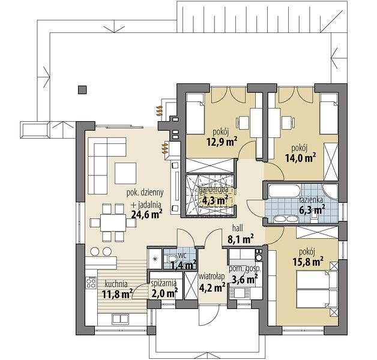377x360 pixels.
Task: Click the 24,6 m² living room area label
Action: pos(146,214)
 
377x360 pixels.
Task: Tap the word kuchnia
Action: pos(116,284)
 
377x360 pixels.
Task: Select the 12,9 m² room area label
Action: pos(222,142)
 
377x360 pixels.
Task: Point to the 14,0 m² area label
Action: pos(300,158)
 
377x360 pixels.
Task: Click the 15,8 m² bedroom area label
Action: pos(308,261)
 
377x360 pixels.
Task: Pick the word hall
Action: pos(238,227)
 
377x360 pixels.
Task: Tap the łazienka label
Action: pos(311,199)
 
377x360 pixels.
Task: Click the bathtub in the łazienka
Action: pos(285,191)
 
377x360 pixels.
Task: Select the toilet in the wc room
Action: pos(172,259)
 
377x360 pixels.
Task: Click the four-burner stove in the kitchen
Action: pos(91,283)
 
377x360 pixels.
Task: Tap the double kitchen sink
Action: pos(120,319)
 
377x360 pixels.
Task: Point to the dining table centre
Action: pos(113,223)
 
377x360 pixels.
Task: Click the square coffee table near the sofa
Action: pos(125,173)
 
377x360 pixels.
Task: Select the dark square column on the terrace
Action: pos(82,89)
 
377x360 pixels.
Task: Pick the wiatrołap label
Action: pos(211,277)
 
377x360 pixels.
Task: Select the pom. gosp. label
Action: pos(245,269)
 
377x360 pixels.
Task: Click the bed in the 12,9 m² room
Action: pos(196,113)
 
